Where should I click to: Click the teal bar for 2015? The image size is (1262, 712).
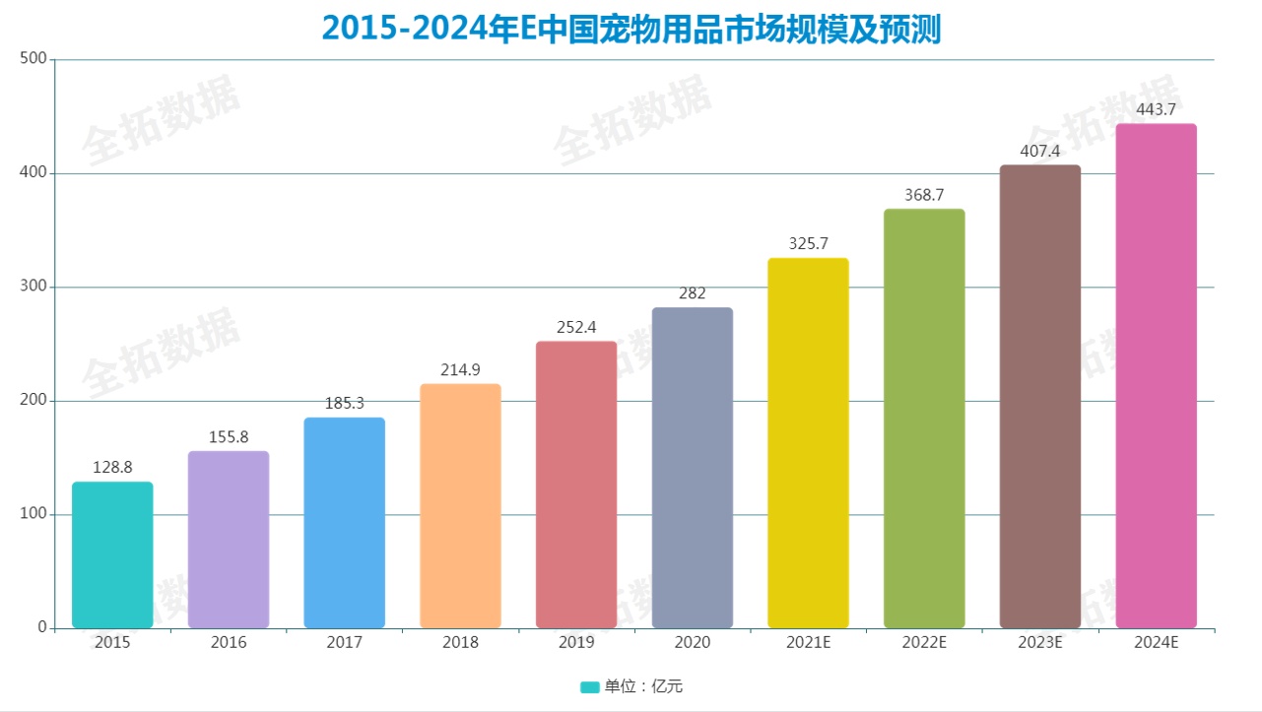112,554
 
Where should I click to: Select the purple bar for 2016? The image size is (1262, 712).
229,540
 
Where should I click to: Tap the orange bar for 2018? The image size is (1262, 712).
460,506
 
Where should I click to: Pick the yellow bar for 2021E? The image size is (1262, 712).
808,443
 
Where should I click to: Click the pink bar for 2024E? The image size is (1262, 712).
1156,376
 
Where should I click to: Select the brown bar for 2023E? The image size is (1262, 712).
1039,396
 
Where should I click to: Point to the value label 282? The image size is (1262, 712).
693,293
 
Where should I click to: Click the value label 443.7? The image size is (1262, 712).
1156,109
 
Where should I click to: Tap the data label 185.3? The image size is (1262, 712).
345,404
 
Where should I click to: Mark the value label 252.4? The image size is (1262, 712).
576,327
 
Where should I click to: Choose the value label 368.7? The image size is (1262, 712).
924,195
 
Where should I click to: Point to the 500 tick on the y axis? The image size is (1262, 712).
33,59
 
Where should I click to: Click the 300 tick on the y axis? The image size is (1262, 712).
33,287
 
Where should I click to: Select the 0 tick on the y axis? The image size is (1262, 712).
42,627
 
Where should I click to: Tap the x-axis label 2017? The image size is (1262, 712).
345,643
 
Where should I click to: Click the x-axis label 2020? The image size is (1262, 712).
693,643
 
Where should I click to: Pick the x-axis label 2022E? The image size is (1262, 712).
924,643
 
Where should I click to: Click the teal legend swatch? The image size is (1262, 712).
589,687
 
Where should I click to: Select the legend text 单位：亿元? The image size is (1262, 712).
643,687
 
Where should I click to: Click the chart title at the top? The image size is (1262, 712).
631,28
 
